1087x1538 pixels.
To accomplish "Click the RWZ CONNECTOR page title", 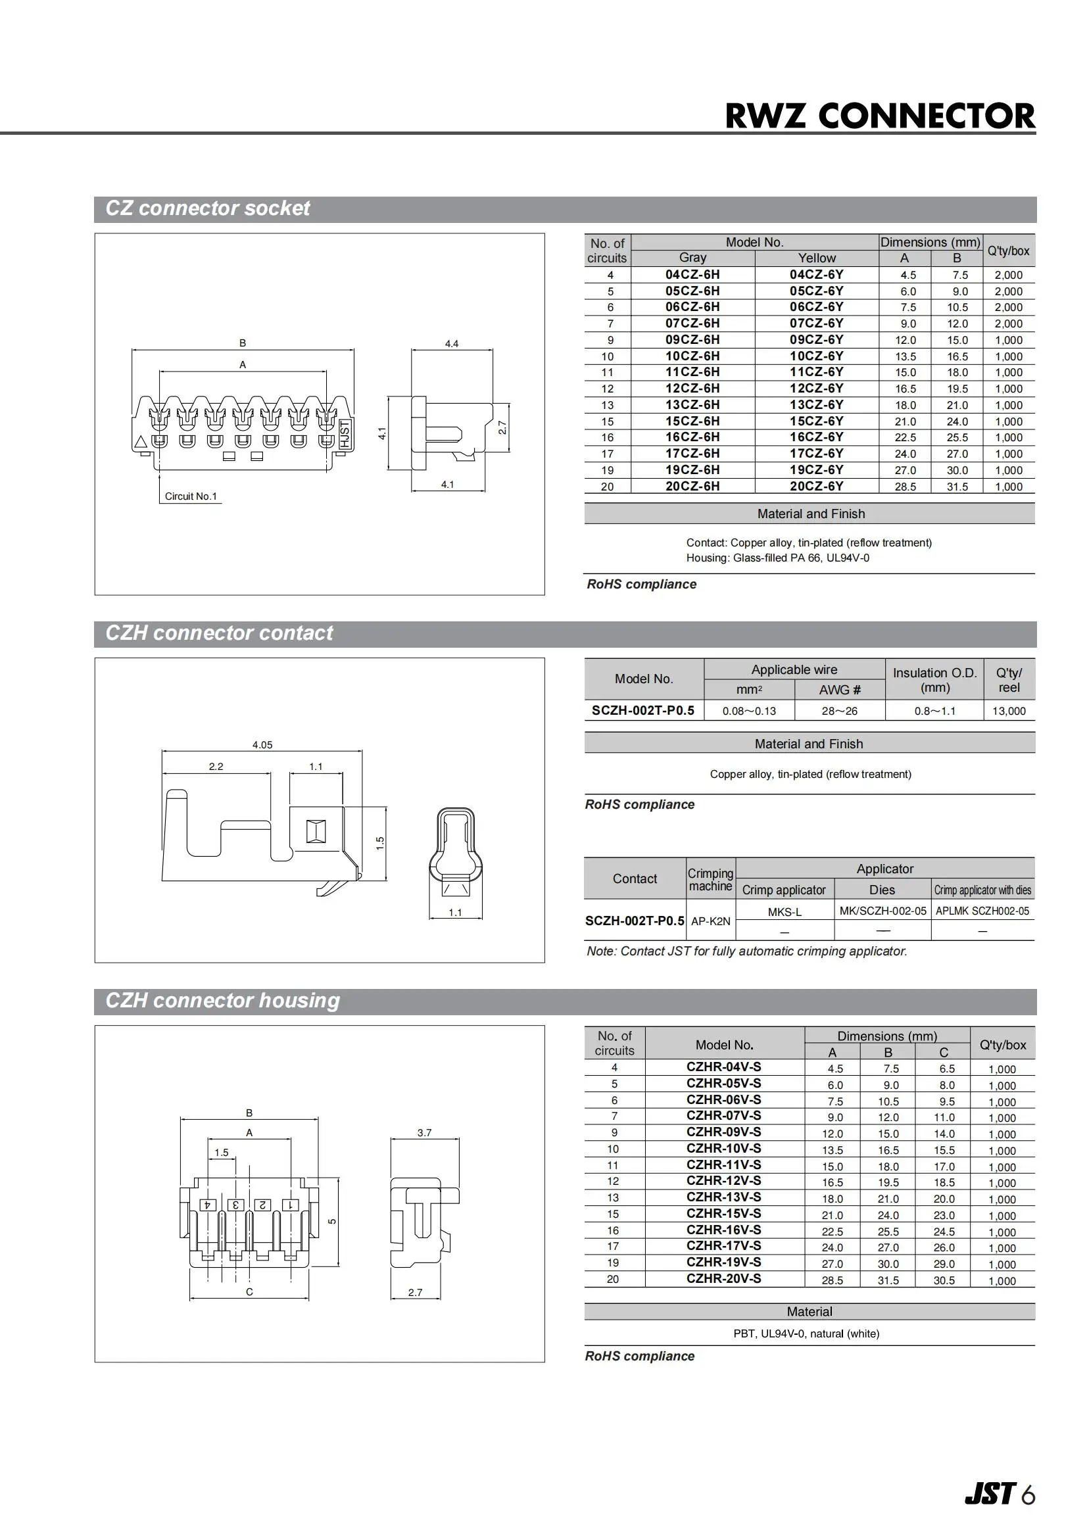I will [x=879, y=116].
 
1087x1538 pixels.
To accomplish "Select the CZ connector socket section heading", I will [x=208, y=208].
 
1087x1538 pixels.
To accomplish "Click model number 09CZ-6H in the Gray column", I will [x=692, y=339].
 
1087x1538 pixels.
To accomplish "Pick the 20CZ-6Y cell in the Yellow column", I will [x=816, y=487].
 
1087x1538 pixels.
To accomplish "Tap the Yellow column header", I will [x=817, y=258].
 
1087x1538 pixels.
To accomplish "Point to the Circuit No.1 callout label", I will [x=191, y=496].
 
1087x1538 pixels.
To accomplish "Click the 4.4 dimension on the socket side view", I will [x=451, y=344].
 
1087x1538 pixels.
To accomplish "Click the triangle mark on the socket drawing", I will [x=141, y=441].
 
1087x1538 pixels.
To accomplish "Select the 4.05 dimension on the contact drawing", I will [x=262, y=745].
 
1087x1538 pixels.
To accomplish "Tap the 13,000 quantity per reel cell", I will [x=1009, y=711].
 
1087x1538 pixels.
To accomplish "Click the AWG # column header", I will [x=839, y=690].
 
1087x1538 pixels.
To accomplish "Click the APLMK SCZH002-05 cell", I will [x=982, y=911].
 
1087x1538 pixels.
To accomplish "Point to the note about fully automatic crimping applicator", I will [x=747, y=951].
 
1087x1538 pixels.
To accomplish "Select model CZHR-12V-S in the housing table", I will [x=723, y=1180].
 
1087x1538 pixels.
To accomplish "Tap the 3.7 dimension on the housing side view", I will [x=424, y=1133].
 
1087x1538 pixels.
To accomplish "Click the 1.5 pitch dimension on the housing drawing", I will [x=221, y=1153].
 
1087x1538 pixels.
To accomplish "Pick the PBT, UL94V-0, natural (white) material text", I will [x=806, y=1334].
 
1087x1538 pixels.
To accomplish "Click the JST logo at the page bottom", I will [x=990, y=1493].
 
